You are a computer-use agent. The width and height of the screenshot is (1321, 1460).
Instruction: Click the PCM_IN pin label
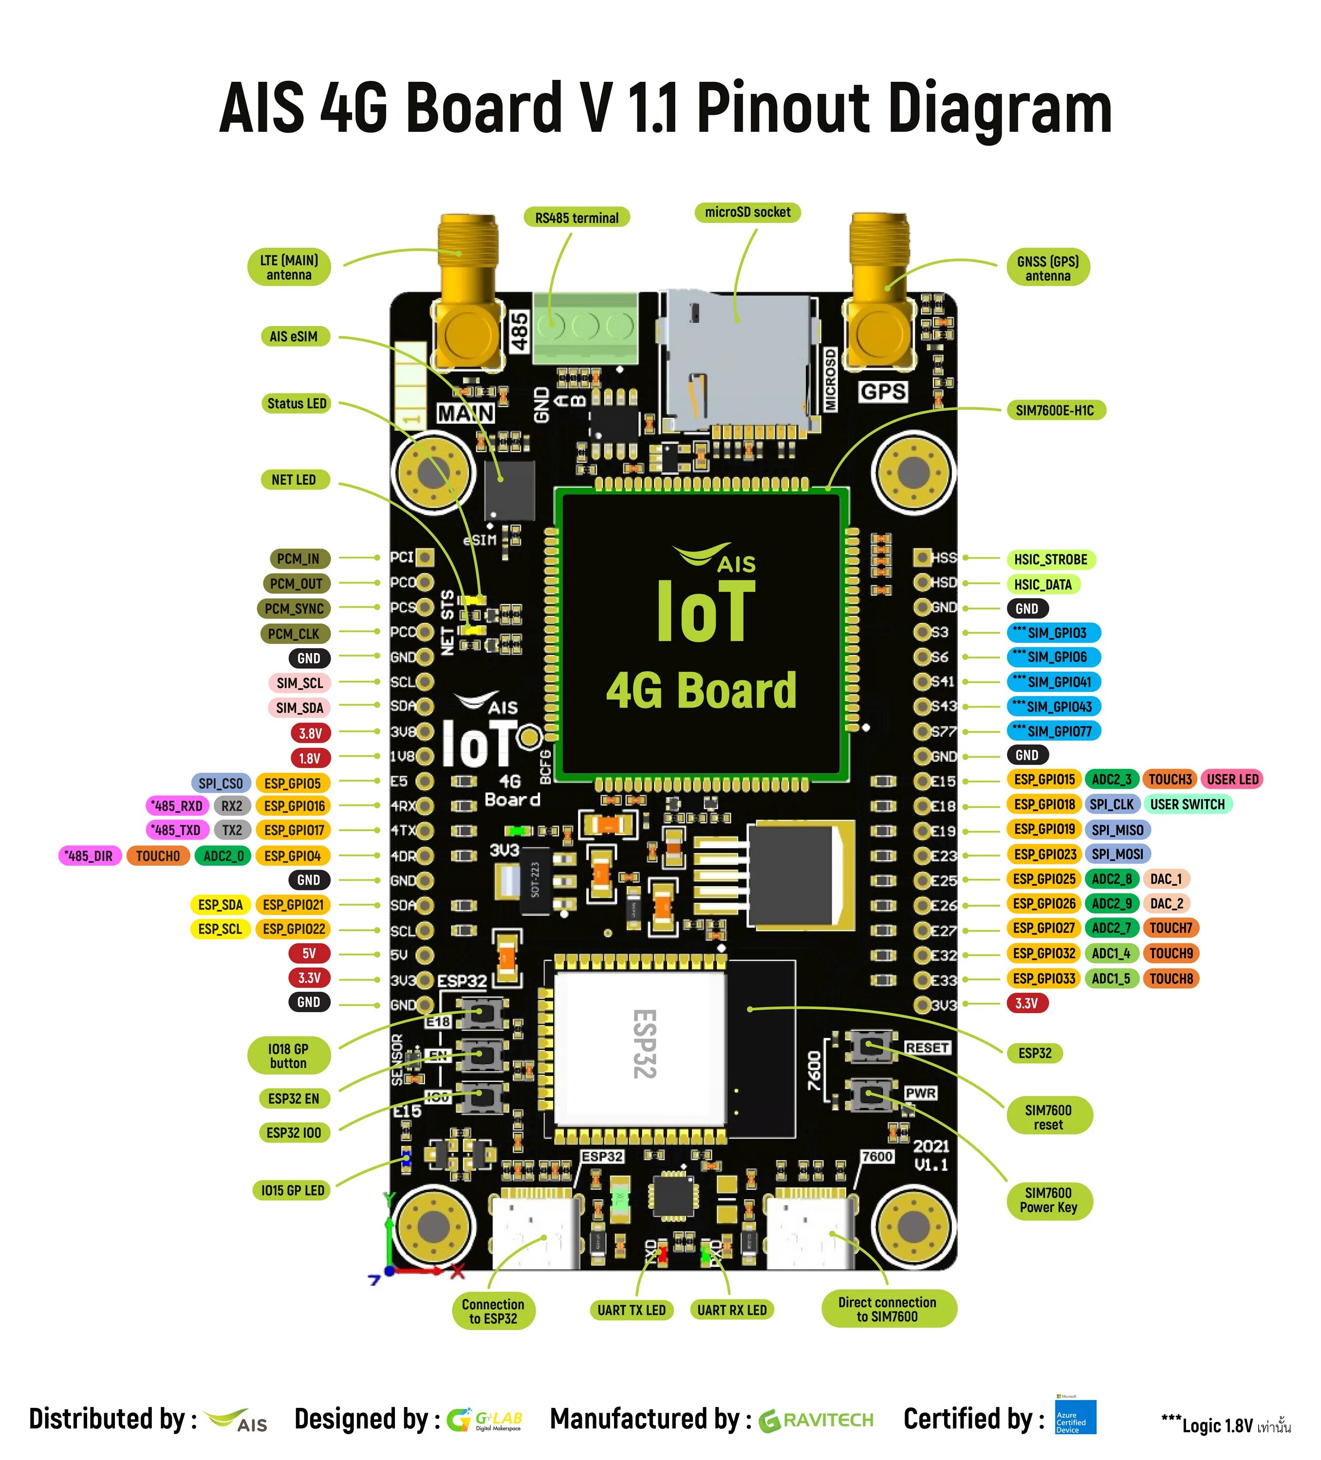pos(298,558)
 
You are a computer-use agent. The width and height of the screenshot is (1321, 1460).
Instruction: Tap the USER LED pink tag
pos(1232,779)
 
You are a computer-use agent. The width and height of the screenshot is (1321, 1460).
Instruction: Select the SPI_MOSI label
pos(1116,854)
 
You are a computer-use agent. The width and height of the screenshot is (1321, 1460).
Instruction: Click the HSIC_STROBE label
pos(1050,559)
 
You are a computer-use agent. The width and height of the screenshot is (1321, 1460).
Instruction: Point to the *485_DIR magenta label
pos(89,855)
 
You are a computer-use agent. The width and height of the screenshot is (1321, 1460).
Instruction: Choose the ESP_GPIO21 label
pos(293,905)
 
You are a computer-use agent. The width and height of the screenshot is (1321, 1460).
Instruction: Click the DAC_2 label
pos(1166,903)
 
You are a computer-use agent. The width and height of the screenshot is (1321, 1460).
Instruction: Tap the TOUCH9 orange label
pos(1170,953)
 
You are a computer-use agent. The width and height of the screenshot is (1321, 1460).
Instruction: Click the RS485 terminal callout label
pos(577,217)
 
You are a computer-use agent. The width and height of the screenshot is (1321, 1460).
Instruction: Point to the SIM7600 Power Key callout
pos(1048,1200)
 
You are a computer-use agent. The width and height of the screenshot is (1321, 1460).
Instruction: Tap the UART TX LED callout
pos(631,1309)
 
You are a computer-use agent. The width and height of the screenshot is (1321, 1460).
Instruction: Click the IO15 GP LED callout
pos(293,1190)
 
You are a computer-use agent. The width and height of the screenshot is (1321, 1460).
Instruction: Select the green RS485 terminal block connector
pos(585,328)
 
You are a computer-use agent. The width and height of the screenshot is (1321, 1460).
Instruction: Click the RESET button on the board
pos(866,1046)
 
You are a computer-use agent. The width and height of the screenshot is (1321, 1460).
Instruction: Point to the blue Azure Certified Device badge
pos(1075,1417)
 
